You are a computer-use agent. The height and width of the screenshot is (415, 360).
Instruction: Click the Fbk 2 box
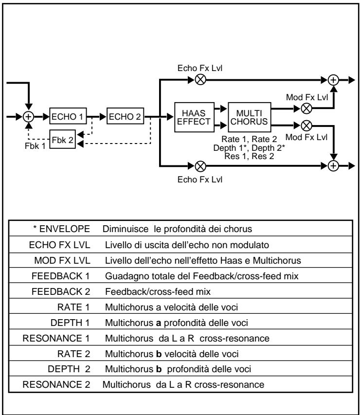(61, 139)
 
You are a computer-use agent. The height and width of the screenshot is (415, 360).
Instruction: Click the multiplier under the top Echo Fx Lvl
(199, 80)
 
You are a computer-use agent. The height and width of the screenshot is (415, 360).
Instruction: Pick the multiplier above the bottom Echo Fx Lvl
(199, 165)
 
